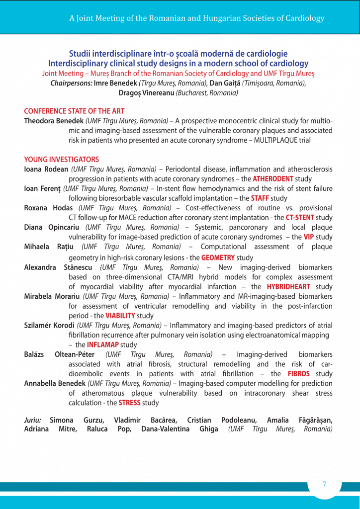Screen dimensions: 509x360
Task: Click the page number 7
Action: click(324, 484)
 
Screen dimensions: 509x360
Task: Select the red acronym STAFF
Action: click(260, 198)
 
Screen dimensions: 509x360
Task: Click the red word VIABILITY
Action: click(120, 316)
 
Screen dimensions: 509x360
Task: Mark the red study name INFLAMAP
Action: click(103, 344)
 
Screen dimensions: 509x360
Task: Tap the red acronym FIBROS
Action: click(299, 374)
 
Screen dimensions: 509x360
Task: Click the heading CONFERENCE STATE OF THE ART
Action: click(74, 111)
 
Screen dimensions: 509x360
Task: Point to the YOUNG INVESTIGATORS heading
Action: click(62, 160)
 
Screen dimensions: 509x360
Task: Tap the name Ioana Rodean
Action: click(47, 170)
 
